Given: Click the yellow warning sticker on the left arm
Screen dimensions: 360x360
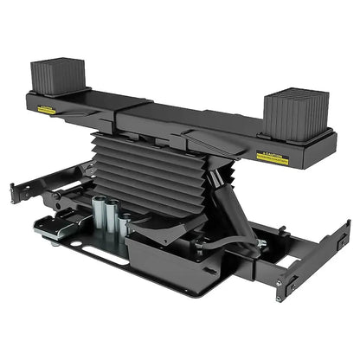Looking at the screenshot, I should [x=46, y=110].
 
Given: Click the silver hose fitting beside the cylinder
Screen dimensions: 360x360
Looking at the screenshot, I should [x=260, y=245].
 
